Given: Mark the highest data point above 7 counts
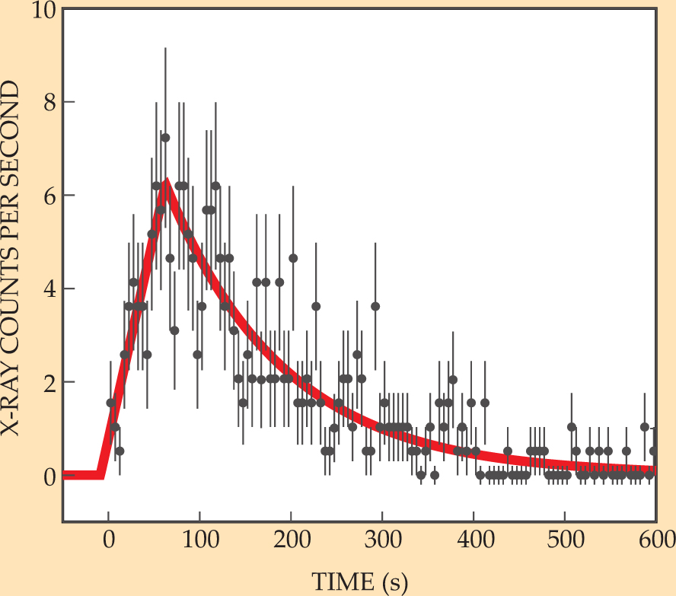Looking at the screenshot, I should pyautogui.click(x=164, y=138).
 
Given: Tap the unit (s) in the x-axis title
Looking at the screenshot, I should pyautogui.click(x=394, y=582).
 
